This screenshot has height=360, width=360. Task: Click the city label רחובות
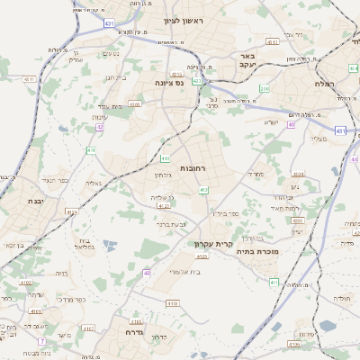click(x=193, y=168)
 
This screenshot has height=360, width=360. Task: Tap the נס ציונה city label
click(x=168, y=83)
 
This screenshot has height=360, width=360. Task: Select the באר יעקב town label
click(x=247, y=61)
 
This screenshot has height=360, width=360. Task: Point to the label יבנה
click(x=36, y=201)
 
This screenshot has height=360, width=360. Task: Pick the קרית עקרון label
click(x=213, y=243)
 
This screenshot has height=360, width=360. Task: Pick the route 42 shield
click(x=100, y=127)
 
